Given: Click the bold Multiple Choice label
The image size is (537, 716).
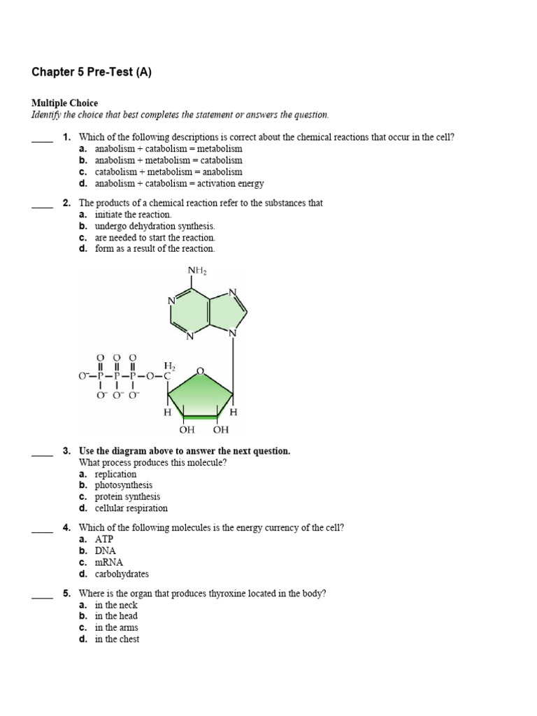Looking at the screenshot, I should click(64, 103).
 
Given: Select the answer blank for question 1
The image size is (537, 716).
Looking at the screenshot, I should click(42, 139).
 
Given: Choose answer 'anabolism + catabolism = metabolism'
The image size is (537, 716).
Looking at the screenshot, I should click(169, 149).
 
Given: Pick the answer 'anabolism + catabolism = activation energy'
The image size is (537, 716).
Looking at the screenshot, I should click(179, 183).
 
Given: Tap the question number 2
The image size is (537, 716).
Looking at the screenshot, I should click(66, 203).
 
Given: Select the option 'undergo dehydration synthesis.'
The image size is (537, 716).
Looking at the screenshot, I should click(155, 226).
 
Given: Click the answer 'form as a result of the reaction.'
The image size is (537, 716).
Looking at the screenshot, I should click(155, 248).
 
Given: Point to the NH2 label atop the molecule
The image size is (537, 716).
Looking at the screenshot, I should click(197, 271).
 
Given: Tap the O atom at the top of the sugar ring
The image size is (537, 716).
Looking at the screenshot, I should click(201, 370).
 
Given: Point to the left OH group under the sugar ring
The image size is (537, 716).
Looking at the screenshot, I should click(186, 429).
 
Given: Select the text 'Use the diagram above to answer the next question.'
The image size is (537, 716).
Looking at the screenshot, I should click(185, 451).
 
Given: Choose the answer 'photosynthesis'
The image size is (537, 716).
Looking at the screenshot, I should click(124, 485).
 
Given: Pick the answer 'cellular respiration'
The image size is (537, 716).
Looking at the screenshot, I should click(131, 508).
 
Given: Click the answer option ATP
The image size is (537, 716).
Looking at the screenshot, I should click(104, 540).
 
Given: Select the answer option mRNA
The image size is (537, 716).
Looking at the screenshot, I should click(108, 563).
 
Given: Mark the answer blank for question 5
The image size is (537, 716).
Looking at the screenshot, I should click(42, 596).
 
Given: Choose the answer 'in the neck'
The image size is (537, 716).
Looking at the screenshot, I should click(116, 605).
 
